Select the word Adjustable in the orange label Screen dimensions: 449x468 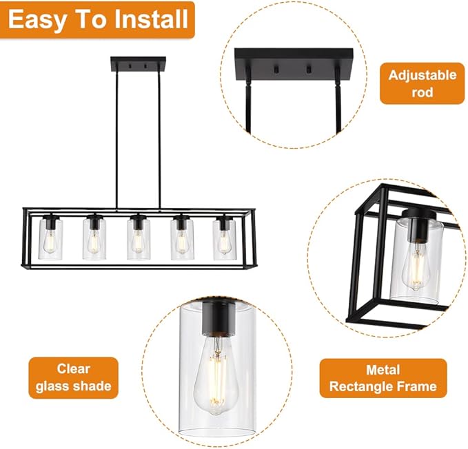422,74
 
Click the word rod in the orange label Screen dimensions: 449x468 422,91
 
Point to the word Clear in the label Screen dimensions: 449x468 73,368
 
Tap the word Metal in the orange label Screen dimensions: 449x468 383,369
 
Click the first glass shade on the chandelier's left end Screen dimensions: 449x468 50,238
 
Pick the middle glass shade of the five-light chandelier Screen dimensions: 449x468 138,238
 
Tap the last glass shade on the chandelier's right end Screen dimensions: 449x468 224,238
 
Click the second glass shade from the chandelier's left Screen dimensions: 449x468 94,238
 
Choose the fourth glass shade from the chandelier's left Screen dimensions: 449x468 181,238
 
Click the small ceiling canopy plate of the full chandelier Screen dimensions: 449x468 138,64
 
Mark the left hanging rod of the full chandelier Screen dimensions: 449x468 116,138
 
